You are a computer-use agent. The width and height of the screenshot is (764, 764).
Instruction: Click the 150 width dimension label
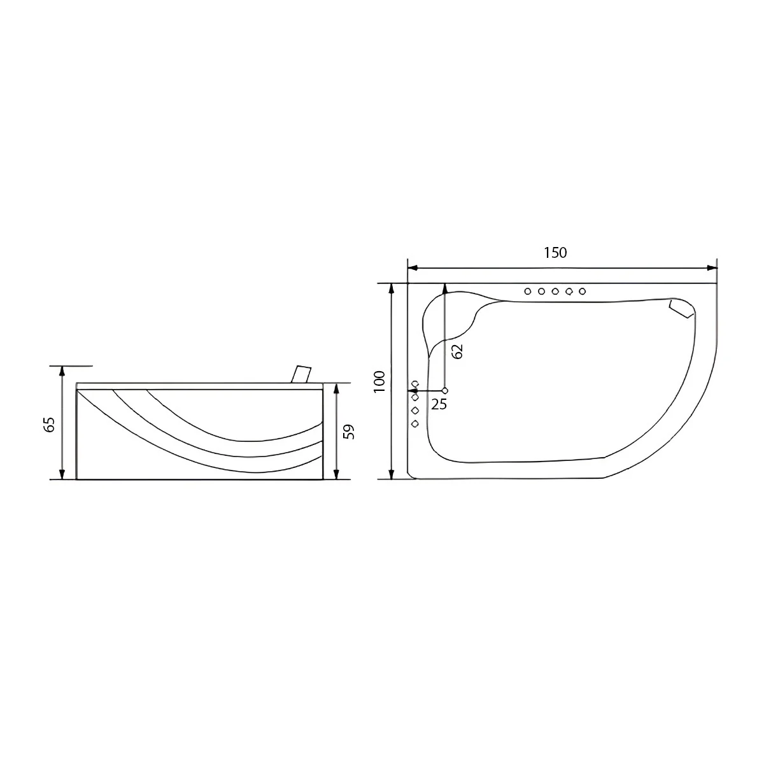pos(555,253)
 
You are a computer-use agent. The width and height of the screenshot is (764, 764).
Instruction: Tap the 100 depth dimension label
pos(380,381)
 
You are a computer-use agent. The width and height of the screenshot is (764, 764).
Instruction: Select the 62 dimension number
pos(457,351)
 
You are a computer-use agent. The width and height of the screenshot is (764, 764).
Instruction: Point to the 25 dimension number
pos(439,404)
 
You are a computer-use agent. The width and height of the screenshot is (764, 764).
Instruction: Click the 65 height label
pos(50,425)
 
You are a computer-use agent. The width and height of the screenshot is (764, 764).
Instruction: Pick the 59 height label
pos(348,432)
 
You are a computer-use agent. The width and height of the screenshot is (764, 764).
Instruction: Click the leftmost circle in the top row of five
pos(527,292)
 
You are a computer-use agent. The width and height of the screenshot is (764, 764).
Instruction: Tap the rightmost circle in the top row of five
pos(582,292)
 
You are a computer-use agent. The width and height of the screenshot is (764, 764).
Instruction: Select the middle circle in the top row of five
pos(555,292)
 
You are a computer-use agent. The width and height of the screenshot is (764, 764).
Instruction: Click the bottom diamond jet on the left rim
pos(415,424)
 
